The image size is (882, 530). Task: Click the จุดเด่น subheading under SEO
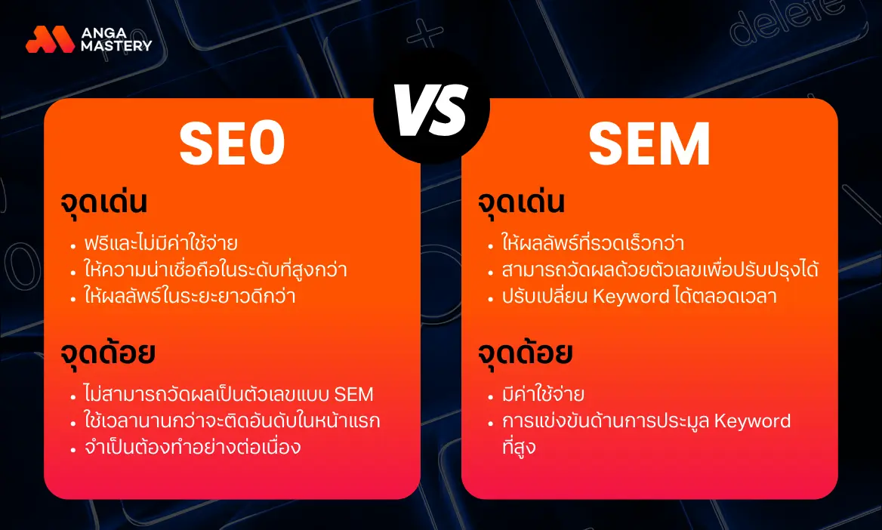pyautogui.click(x=104, y=204)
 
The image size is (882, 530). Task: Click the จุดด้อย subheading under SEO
pyautogui.click(x=109, y=353)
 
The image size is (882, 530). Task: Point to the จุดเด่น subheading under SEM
pyautogui.click(x=522, y=204)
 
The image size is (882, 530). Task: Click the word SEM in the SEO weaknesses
pyautogui.click(x=353, y=394)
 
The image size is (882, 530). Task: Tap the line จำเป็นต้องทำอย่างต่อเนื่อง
pyautogui.click(x=192, y=446)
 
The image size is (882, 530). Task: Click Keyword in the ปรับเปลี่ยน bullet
pyautogui.click(x=631, y=296)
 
